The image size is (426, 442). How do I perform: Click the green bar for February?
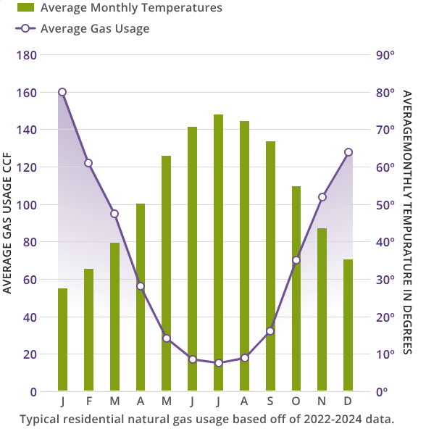(x=88, y=330)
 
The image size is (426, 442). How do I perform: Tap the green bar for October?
(x=296, y=288)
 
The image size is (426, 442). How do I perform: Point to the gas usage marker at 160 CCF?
(x=62, y=92)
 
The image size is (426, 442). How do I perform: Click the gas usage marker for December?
(x=348, y=152)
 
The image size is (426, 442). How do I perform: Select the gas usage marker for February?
(x=88, y=163)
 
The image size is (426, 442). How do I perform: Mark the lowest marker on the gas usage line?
(x=218, y=362)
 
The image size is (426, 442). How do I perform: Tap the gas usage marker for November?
(x=322, y=197)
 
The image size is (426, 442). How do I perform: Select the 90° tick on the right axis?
(x=384, y=55)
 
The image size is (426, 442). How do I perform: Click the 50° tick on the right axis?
(x=384, y=205)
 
